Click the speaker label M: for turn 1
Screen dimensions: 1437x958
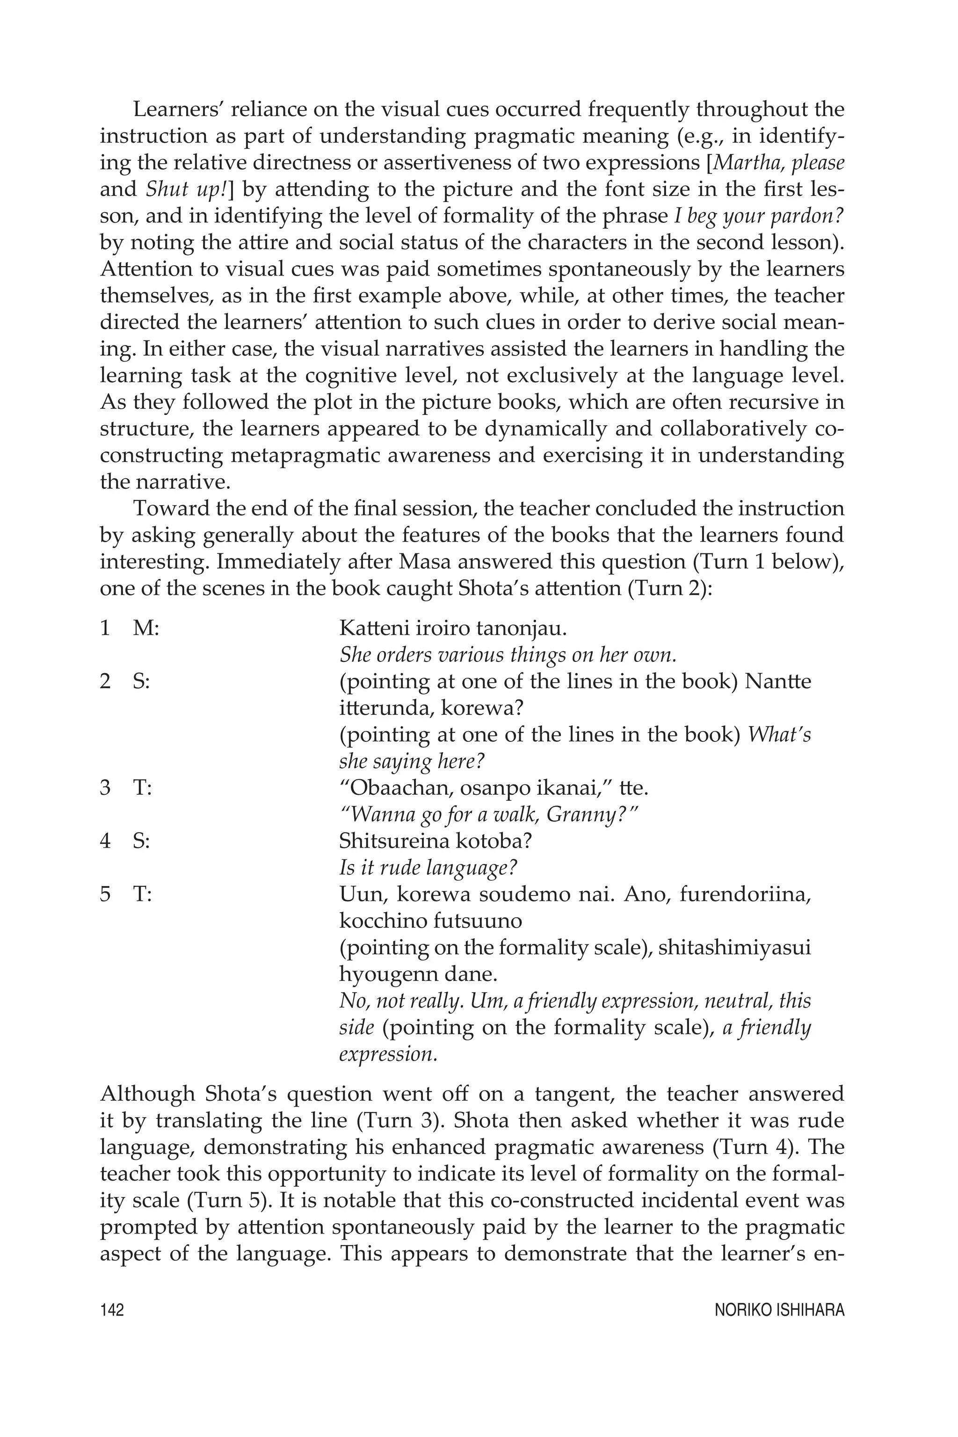tap(145, 628)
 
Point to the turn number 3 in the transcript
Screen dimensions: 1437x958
tap(105, 788)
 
